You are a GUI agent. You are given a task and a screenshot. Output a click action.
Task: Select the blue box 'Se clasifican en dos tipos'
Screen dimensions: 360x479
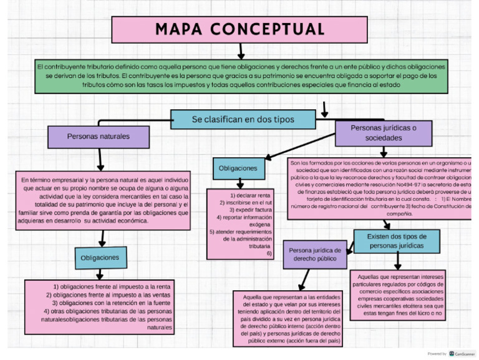tap(243, 119)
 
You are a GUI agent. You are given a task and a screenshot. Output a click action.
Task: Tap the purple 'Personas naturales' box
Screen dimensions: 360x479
tap(98, 136)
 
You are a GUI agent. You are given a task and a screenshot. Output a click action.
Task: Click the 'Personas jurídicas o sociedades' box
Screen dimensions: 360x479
tap(384, 133)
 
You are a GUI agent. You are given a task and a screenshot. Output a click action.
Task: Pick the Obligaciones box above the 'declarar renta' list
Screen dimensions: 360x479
tap(238, 168)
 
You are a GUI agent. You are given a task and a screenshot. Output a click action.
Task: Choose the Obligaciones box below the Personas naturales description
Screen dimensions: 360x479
tap(100, 257)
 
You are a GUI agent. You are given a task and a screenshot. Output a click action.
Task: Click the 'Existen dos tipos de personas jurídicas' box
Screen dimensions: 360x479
tap(396, 241)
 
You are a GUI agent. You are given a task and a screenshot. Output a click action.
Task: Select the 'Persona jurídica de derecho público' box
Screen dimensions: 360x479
tap(314, 254)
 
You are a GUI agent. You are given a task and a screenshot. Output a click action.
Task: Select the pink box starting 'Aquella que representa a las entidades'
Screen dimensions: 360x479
tap(291, 319)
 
